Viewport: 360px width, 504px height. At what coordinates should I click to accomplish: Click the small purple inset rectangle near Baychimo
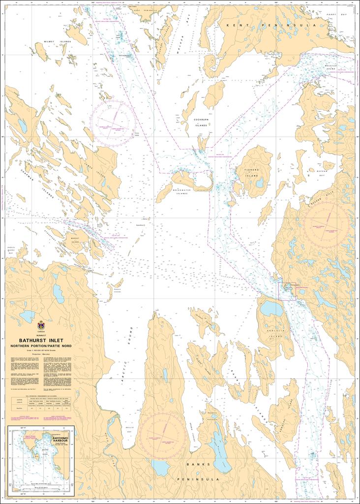(287, 291)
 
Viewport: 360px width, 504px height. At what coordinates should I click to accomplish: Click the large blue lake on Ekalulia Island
(271, 309)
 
